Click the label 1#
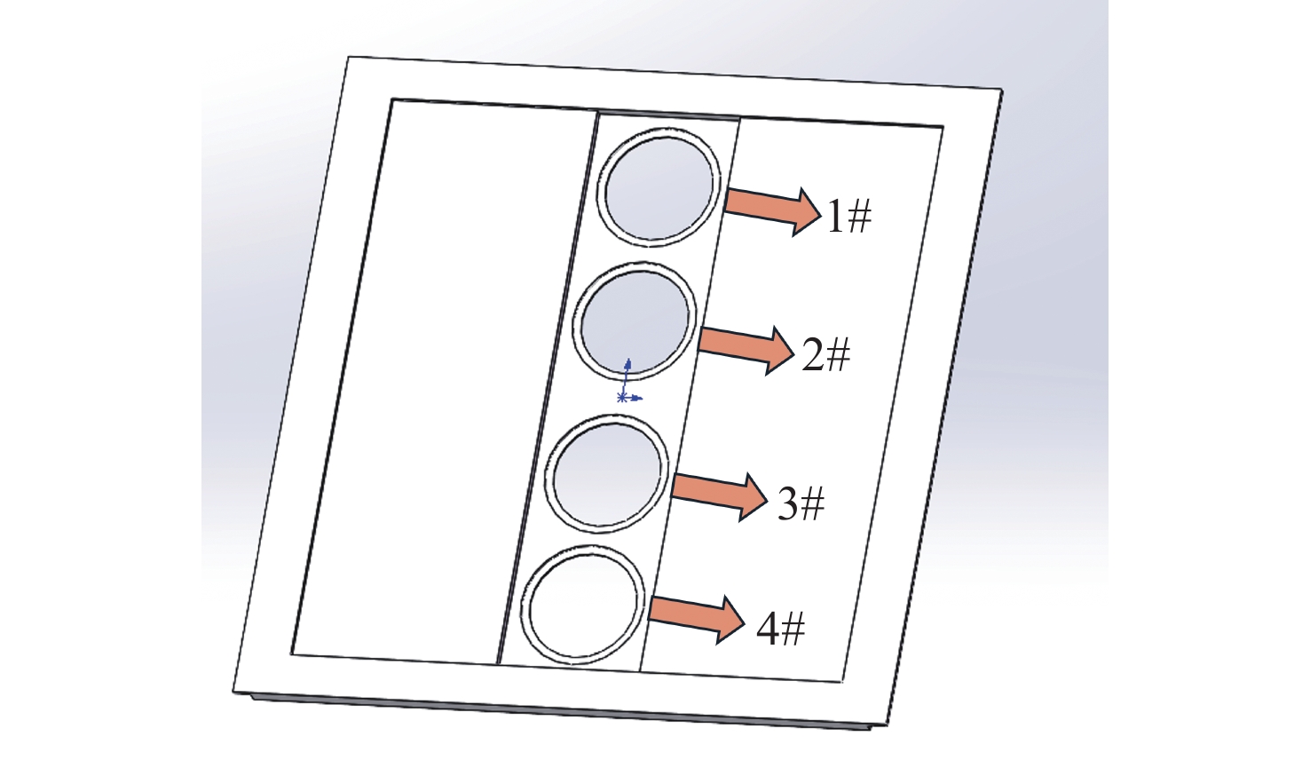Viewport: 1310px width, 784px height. click(848, 216)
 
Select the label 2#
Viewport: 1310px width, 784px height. click(825, 355)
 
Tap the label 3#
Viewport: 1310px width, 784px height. click(801, 503)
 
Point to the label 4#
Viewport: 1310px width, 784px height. click(781, 630)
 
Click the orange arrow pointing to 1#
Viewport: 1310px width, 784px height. click(773, 210)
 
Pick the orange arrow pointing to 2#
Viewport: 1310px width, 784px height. click(746, 349)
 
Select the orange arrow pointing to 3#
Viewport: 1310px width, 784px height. click(719, 496)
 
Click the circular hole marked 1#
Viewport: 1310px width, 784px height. click(659, 187)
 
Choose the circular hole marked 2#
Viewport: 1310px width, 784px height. click(635, 321)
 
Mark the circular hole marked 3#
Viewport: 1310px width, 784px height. click(607, 474)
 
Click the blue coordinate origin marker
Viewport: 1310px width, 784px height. click(621, 398)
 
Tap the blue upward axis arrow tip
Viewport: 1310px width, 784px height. click(628, 358)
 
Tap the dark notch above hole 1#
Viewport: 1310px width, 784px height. click(667, 114)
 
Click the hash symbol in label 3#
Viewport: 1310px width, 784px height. click(812, 503)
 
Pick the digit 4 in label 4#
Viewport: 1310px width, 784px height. click(768, 630)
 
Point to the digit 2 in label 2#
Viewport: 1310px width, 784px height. click(812, 355)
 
